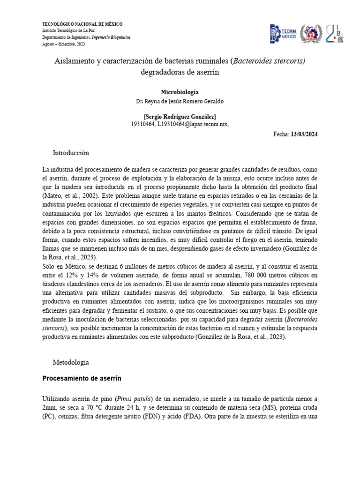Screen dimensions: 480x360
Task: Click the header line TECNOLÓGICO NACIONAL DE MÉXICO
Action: (x=82, y=24)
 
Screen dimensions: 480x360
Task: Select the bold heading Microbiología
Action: (x=180, y=92)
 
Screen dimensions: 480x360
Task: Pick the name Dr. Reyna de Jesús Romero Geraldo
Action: (x=180, y=101)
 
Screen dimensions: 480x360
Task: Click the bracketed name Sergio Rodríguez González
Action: (x=180, y=117)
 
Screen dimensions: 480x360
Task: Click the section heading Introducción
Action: (x=71, y=153)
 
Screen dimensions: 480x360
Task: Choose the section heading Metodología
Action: (x=70, y=362)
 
